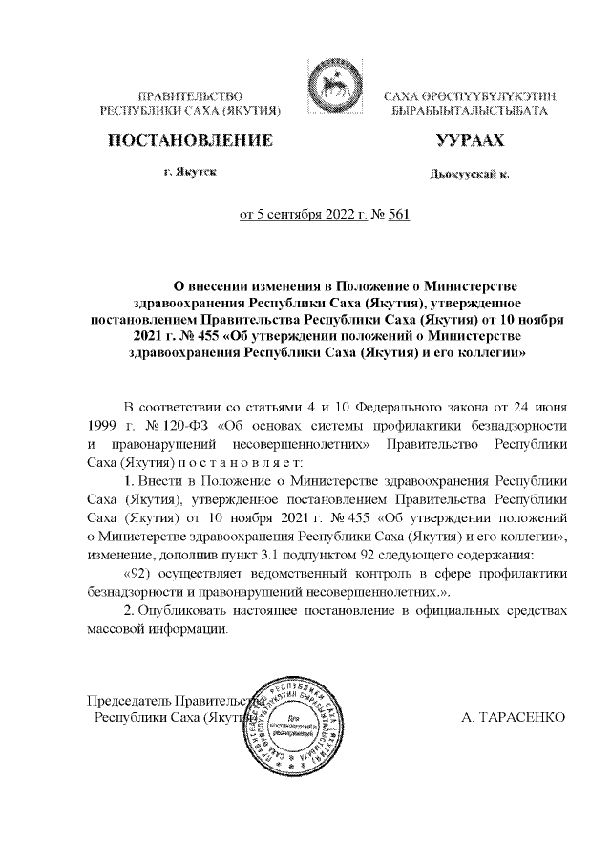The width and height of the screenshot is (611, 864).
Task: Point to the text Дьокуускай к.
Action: [x=470, y=175]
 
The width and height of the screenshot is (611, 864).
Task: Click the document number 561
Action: [x=398, y=215]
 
